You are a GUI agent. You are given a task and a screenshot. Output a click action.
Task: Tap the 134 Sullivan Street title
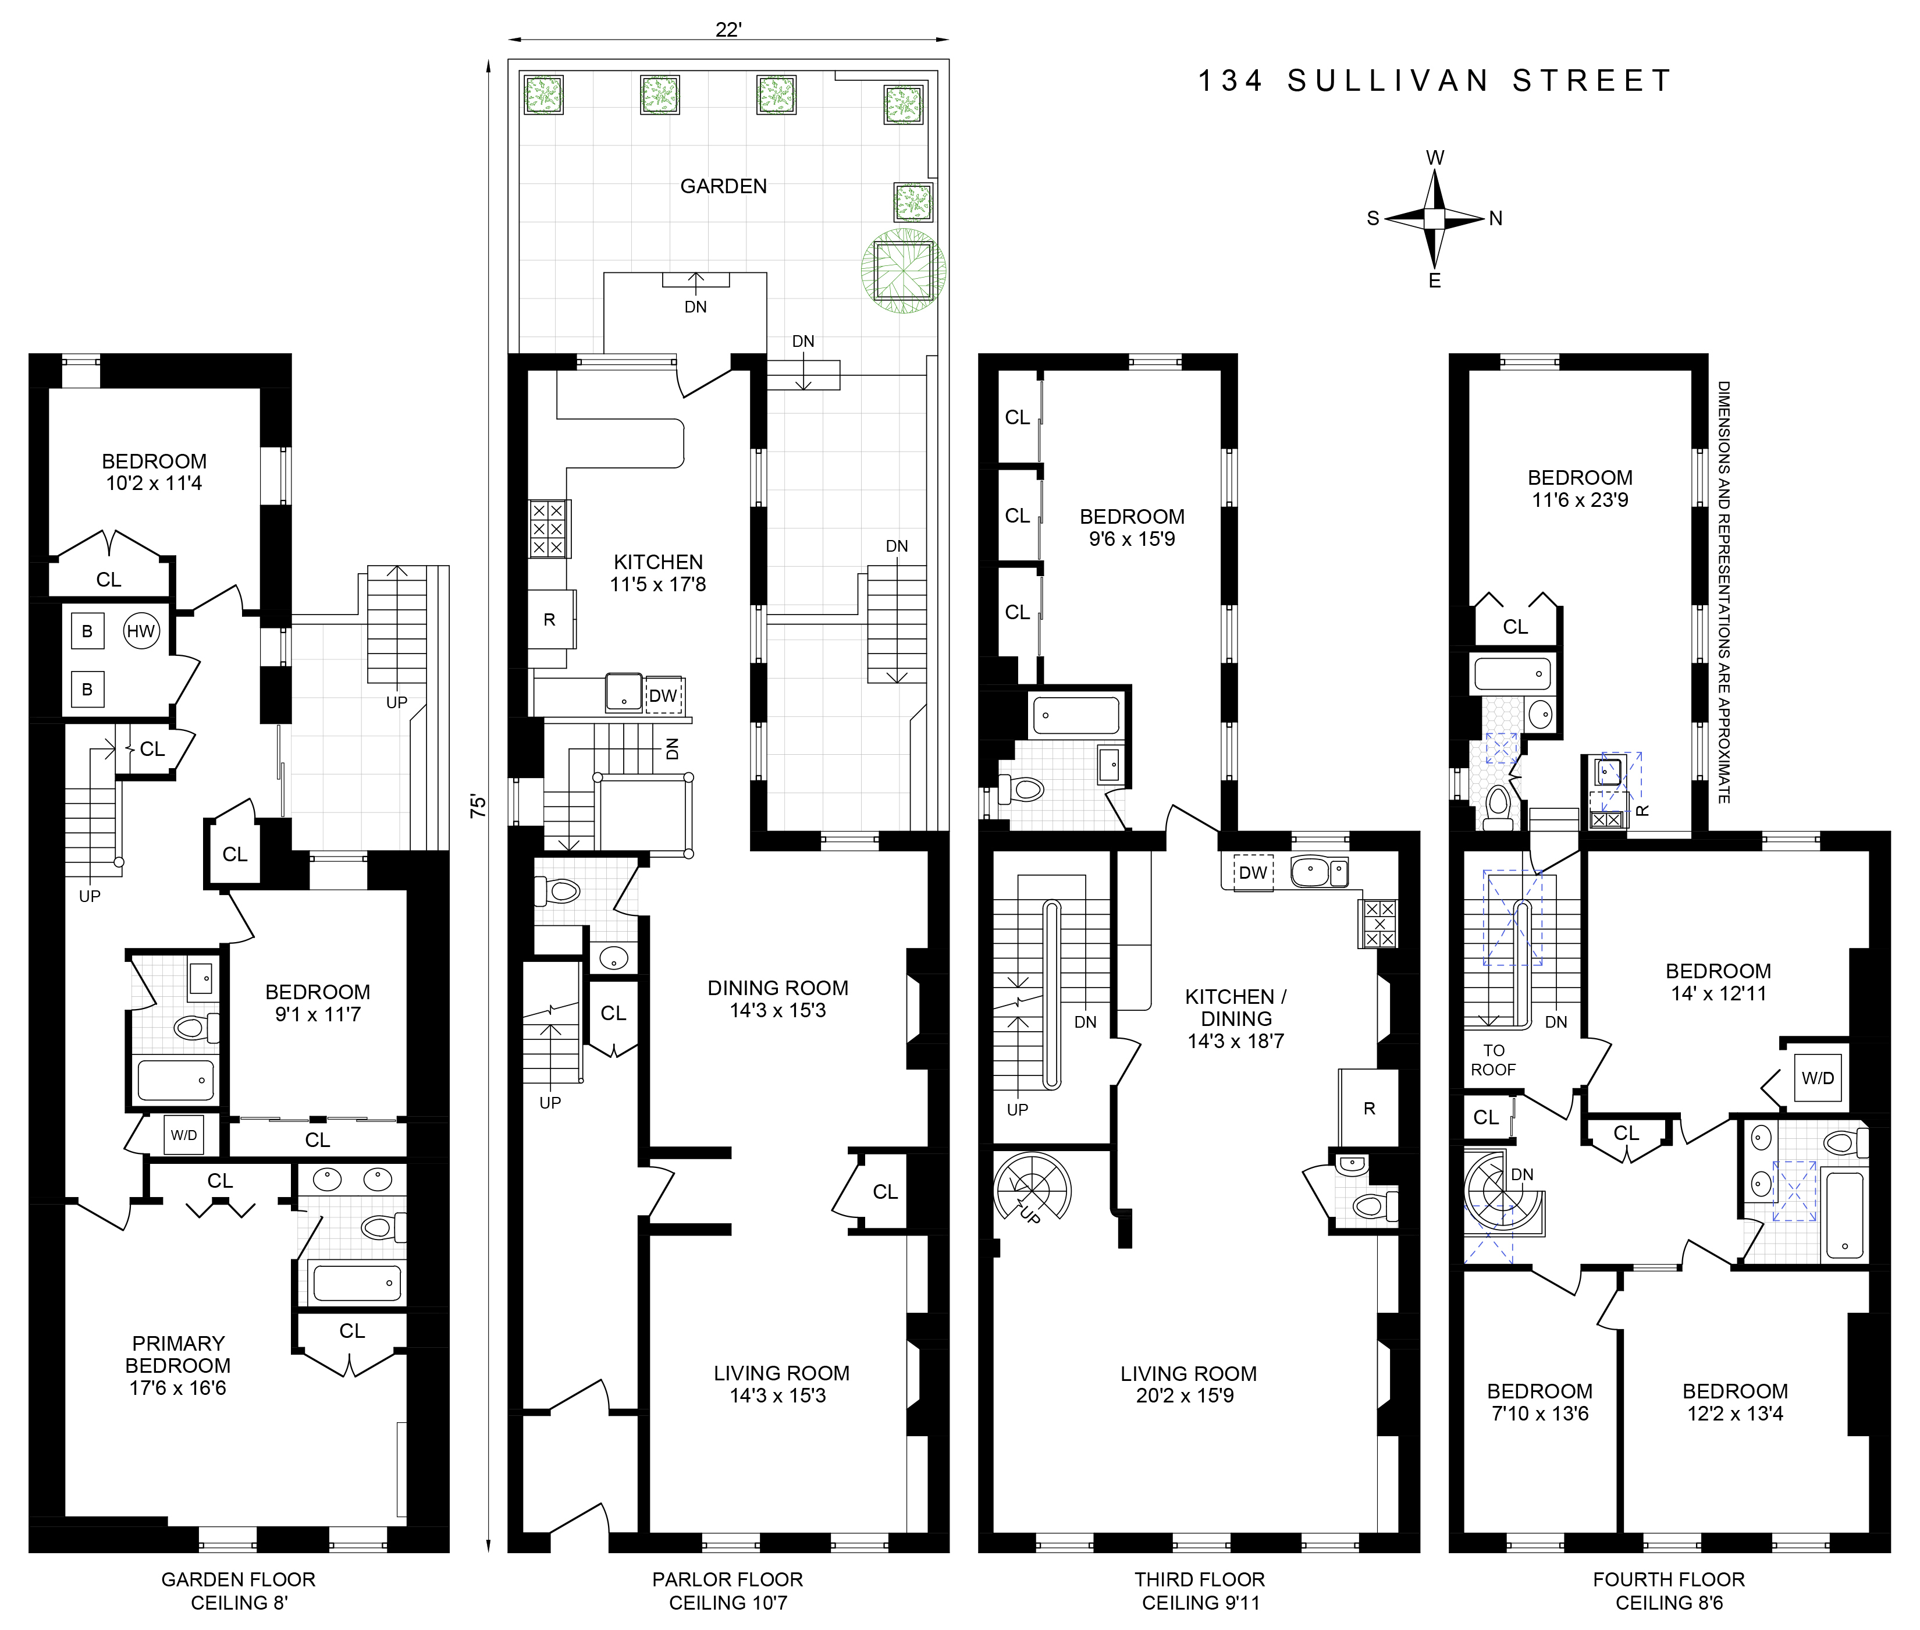(x=1434, y=81)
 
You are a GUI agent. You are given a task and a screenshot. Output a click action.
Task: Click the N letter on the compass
(x=1496, y=219)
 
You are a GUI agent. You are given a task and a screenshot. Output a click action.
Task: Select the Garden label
(x=723, y=187)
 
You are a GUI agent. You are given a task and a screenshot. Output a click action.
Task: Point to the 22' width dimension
(x=728, y=30)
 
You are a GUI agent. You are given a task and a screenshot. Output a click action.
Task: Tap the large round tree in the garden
(x=904, y=271)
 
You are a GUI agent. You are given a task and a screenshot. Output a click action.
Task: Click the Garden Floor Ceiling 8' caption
(x=239, y=1591)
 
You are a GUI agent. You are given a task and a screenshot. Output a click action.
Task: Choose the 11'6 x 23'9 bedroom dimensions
(x=1580, y=500)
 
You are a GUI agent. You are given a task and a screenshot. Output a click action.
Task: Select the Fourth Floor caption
(x=1669, y=1580)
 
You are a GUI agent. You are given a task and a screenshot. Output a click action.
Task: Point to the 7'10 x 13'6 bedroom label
(x=1539, y=1402)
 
